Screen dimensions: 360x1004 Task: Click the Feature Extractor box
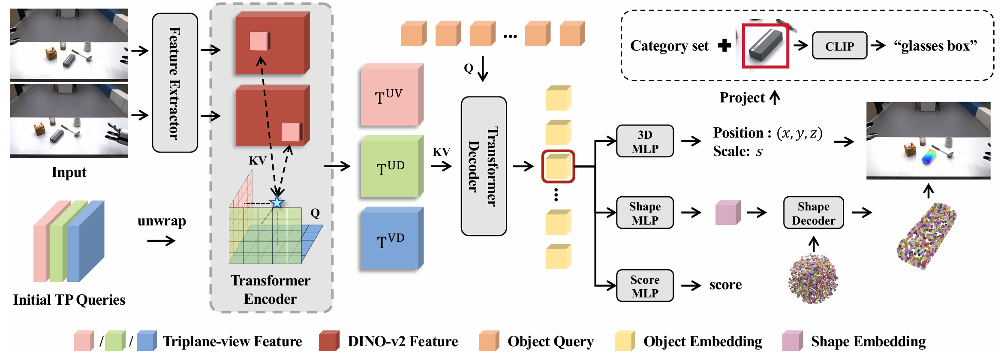point(175,83)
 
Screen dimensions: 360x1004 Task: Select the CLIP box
point(839,46)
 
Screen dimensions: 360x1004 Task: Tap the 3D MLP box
point(645,141)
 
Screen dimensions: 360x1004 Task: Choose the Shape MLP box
point(645,213)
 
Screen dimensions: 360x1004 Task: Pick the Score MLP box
point(645,286)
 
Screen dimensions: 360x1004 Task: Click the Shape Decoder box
point(813,213)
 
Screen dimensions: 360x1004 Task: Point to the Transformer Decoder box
point(484,166)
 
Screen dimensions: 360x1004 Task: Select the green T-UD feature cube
point(390,168)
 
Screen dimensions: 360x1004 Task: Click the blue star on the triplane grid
point(277,202)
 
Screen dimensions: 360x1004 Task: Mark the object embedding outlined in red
point(558,166)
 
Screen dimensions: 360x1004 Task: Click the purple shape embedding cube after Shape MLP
point(727,213)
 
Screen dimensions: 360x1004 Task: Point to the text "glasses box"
point(935,46)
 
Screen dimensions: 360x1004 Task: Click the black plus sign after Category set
point(724,45)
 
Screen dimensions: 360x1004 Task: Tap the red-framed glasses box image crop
point(766,46)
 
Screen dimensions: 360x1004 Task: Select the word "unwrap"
point(162,221)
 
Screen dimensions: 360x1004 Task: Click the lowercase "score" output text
point(725,285)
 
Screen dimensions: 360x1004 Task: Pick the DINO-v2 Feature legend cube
point(329,341)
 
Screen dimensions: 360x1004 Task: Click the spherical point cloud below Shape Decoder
point(813,279)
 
